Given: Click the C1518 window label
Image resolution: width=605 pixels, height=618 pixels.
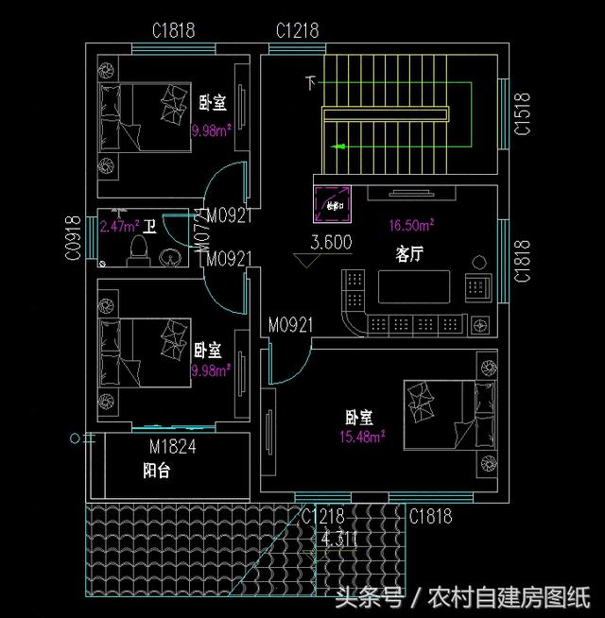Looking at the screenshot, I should (x=521, y=114).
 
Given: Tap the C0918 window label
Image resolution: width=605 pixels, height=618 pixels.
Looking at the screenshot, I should (x=72, y=237).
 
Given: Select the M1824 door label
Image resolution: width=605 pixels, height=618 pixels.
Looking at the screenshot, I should (x=172, y=447).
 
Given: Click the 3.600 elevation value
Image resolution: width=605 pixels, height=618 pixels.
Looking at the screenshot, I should (x=331, y=243).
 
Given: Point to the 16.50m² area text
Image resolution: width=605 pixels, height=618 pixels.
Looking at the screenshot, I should (x=411, y=225).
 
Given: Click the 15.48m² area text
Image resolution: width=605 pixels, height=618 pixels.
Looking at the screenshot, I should (x=362, y=437).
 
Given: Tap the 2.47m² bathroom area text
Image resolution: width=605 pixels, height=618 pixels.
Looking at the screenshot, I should (x=119, y=227).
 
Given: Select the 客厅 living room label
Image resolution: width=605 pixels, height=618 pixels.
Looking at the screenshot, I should (x=408, y=254).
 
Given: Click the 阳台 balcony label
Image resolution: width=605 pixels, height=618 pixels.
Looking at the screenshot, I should (x=156, y=471).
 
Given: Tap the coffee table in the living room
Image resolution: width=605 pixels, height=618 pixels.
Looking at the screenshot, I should (x=415, y=285).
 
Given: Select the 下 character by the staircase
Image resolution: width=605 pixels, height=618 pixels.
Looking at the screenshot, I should (x=310, y=83).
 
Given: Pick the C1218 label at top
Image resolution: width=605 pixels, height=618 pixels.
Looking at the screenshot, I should (x=297, y=31).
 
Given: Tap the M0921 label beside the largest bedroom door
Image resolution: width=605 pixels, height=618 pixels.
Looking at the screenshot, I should (x=290, y=325).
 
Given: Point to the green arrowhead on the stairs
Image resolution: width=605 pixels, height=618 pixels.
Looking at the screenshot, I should (x=337, y=146).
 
